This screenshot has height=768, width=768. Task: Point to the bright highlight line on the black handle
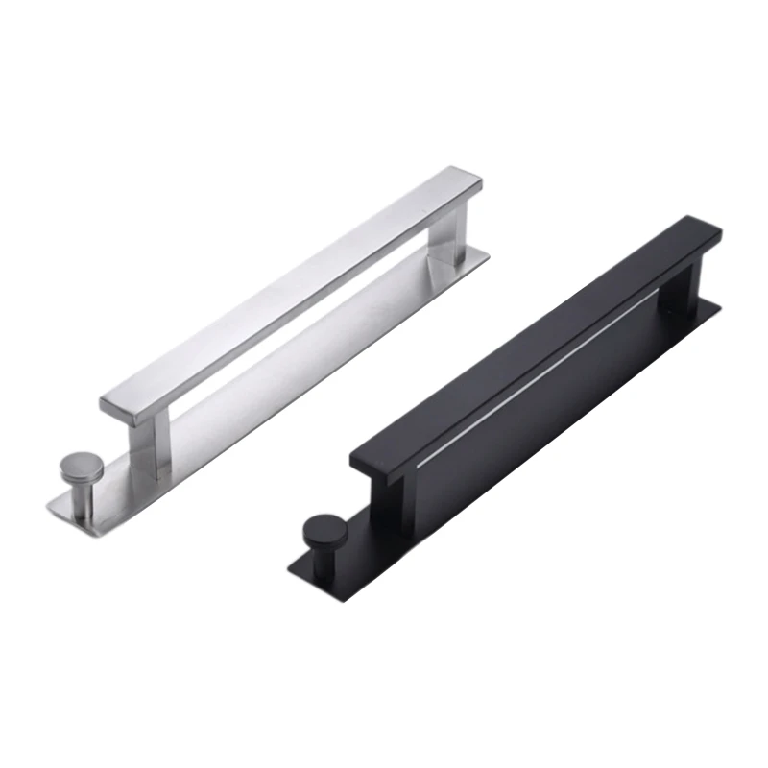coord(538,374)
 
